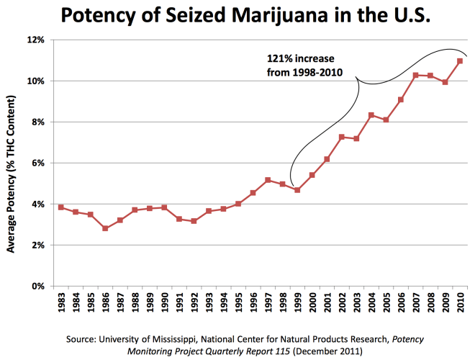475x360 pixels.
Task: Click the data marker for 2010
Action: [x=460, y=61]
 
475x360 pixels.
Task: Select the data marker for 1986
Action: [x=105, y=228]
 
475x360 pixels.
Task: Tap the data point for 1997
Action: [x=268, y=180]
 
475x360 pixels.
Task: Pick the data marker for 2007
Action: [x=415, y=75]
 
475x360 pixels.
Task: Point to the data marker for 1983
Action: [x=60, y=207]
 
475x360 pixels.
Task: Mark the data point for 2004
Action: [x=371, y=115]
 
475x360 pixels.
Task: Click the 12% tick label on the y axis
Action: [x=36, y=40]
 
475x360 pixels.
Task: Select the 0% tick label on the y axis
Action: [x=38, y=287]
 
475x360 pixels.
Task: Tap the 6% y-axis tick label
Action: [x=38, y=163]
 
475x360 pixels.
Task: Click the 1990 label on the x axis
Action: [x=165, y=305]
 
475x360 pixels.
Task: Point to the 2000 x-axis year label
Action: [x=312, y=305]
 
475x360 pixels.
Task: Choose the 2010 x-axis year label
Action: [x=461, y=305]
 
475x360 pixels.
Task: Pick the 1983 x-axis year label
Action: [x=61, y=305]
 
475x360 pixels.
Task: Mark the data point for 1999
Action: [x=297, y=189]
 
